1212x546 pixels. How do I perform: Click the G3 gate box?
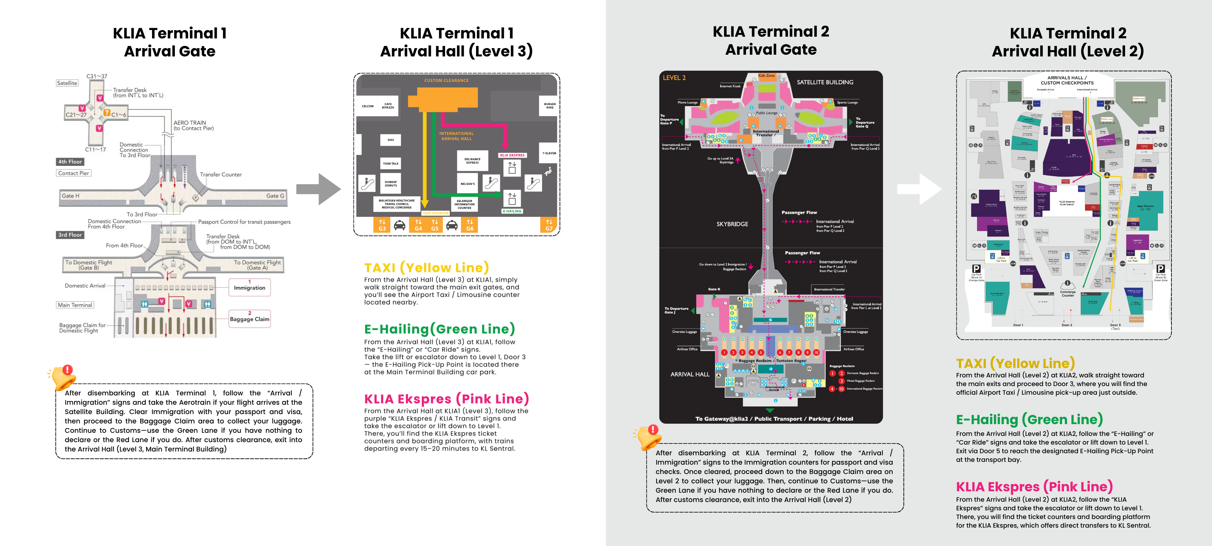pyautogui.click(x=382, y=225)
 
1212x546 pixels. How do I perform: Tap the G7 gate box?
pyautogui.click(x=549, y=225)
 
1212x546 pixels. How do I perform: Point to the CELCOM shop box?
pyautogui.click(x=367, y=106)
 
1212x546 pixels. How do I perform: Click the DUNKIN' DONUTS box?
pyautogui.click(x=391, y=184)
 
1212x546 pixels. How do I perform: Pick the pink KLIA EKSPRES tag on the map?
pyautogui.click(x=512, y=155)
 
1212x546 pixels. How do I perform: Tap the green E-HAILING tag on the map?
pyautogui.click(x=512, y=211)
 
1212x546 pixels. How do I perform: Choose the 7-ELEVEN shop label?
pyautogui.click(x=549, y=153)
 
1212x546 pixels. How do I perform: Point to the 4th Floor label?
pyautogui.click(x=70, y=162)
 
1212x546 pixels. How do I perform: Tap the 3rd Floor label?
pyautogui.click(x=70, y=235)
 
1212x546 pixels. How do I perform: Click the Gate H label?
pyautogui.click(x=71, y=196)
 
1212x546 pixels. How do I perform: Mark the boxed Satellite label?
pyautogui.click(x=67, y=83)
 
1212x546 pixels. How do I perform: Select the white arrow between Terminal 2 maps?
pyautogui.click(x=919, y=189)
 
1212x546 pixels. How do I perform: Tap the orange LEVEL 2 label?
pyautogui.click(x=674, y=78)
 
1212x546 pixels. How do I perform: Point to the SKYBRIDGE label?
pyautogui.click(x=732, y=224)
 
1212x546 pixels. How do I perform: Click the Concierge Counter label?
pyautogui.click(x=1068, y=294)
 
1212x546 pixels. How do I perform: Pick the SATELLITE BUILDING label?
pyautogui.click(x=825, y=82)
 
